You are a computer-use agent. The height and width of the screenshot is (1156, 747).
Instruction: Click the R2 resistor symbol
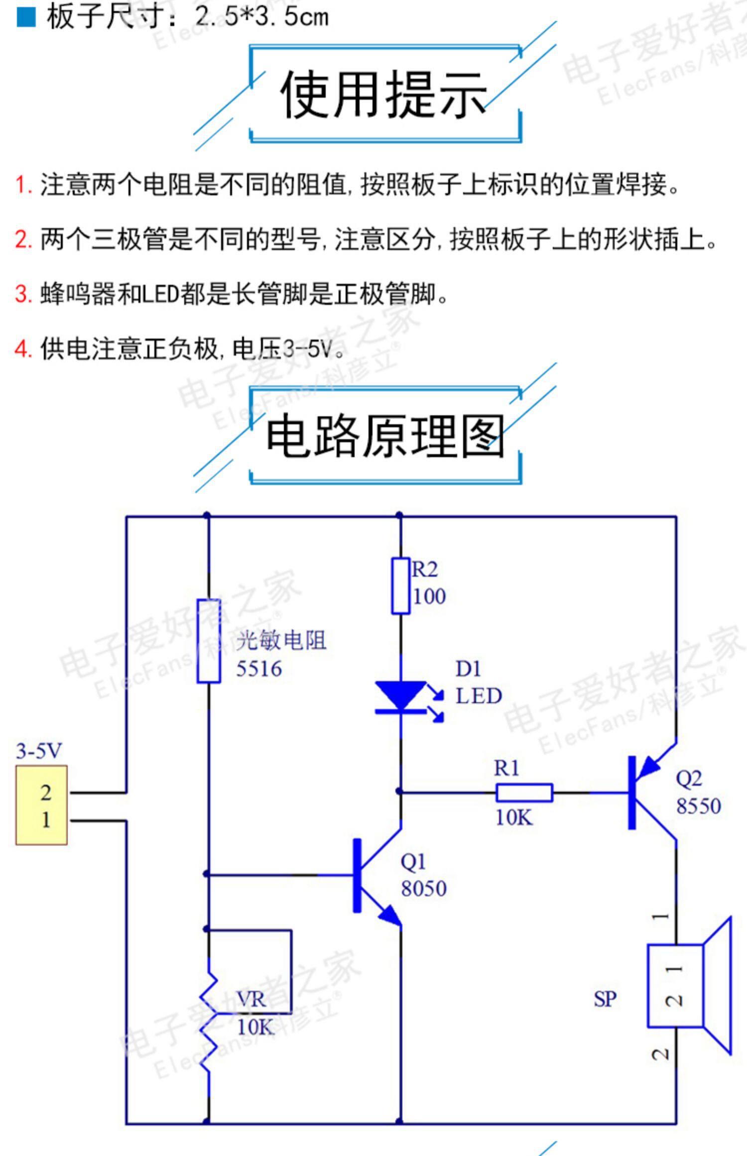(x=400, y=586)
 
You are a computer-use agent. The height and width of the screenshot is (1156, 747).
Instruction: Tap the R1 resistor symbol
(x=524, y=793)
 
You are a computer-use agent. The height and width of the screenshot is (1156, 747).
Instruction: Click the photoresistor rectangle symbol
(x=209, y=641)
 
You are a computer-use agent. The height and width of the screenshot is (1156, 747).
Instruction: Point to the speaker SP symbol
(x=689, y=985)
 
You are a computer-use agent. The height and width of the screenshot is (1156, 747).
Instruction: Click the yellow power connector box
(x=42, y=805)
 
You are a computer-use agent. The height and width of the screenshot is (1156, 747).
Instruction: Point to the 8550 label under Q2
(x=698, y=806)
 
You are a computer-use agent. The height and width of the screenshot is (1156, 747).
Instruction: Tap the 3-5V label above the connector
(x=39, y=751)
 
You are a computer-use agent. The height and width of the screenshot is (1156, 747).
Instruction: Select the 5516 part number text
(x=259, y=669)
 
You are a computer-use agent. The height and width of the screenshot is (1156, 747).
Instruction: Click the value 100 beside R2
(x=429, y=596)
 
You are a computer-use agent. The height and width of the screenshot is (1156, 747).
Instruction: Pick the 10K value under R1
(x=514, y=817)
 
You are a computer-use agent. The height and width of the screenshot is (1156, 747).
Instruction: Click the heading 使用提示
(x=383, y=94)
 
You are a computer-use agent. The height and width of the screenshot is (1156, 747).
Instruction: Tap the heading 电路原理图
(x=385, y=437)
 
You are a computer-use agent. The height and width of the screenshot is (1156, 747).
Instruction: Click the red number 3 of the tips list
(x=22, y=294)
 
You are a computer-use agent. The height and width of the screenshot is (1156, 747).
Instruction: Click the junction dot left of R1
(x=399, y=791)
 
